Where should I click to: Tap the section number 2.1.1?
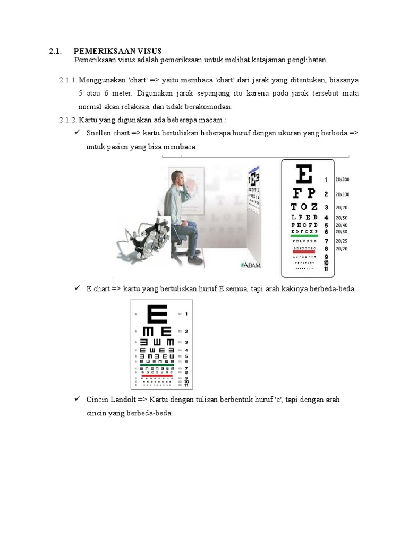68,80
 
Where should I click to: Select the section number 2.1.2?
68,121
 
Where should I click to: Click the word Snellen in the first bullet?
99,134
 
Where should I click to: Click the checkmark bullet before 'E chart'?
77,288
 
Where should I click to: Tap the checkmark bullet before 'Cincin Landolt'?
77,399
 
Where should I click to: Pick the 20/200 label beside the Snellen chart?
342,180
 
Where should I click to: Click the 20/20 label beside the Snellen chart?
341,249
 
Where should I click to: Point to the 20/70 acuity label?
341,207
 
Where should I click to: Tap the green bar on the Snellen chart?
304,236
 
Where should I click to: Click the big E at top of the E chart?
158,314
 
